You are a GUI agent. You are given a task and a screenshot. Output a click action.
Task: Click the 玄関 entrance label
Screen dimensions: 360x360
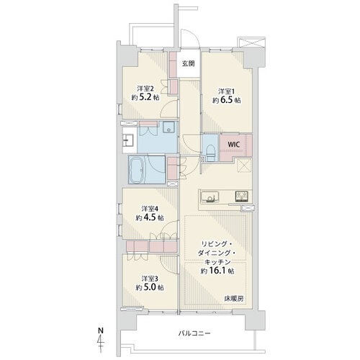(188, 63)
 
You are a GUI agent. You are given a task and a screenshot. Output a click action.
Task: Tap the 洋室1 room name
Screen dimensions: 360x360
(226, 91)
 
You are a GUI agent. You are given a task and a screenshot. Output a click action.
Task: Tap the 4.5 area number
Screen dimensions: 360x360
(148, 217)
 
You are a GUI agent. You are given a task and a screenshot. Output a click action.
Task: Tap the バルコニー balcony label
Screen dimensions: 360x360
(196, 334)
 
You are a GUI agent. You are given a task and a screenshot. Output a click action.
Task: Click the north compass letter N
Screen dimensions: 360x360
(100, 330)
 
